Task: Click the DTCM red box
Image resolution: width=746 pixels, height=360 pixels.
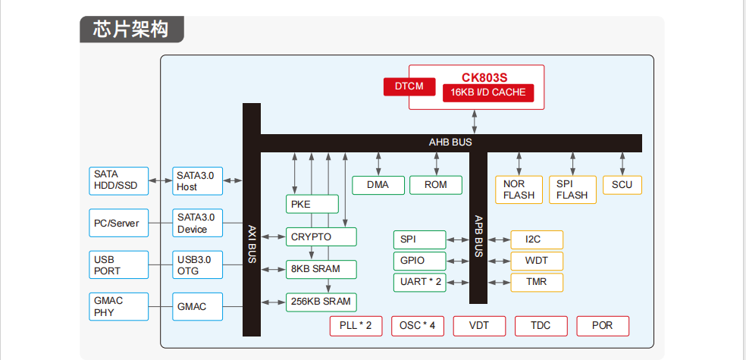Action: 409,86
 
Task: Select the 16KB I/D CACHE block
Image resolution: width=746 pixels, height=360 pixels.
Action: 488,92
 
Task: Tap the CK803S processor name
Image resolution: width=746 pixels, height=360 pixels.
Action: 484,77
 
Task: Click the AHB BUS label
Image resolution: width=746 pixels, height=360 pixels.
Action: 450,142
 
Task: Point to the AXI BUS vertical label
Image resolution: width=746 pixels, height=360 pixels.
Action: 252,243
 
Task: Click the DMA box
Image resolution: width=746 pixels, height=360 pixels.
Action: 378,185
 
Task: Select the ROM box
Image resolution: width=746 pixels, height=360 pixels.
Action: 435,185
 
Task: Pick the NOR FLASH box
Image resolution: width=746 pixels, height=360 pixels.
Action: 519,189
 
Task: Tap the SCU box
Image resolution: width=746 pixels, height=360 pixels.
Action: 622,185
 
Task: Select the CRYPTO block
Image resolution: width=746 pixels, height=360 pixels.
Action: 321,237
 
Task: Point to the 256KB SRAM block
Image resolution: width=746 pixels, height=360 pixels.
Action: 321,302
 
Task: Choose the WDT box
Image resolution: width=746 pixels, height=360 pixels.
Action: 537,261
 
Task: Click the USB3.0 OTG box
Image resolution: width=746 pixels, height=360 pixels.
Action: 198,265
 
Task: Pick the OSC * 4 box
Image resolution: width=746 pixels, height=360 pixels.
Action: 417,326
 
